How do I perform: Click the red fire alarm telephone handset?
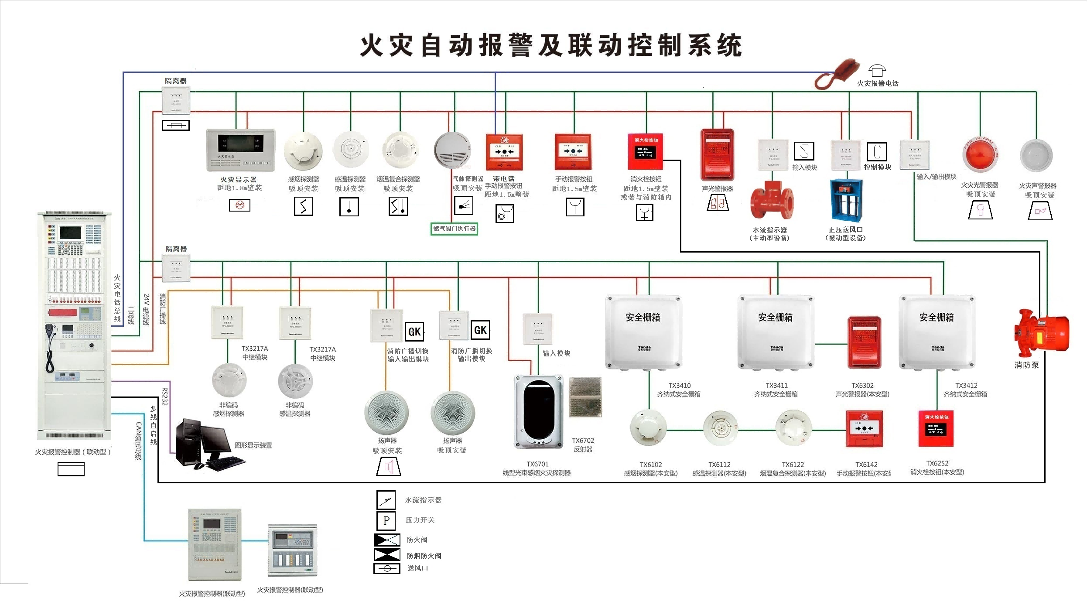[x=837, y=74]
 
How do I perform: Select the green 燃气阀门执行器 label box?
[x=454, y=229]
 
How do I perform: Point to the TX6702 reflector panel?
[x=585, y=397]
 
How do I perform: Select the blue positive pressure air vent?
[x=846, y=200]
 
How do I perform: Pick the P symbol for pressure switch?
[x=386, y=520]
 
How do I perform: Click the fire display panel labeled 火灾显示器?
[x=240, y=150]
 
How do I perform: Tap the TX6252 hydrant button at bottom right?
[x=936, y=428]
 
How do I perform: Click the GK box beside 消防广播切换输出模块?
[x=480, y=330]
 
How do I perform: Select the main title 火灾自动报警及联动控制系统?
[x=550, y=45]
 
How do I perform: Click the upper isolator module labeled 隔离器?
[x=176, y=100]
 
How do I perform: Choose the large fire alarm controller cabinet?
[x=74, y=325]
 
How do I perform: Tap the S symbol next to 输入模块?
[x=804, y=151]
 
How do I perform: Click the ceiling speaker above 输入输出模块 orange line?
[x=386, y=413]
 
